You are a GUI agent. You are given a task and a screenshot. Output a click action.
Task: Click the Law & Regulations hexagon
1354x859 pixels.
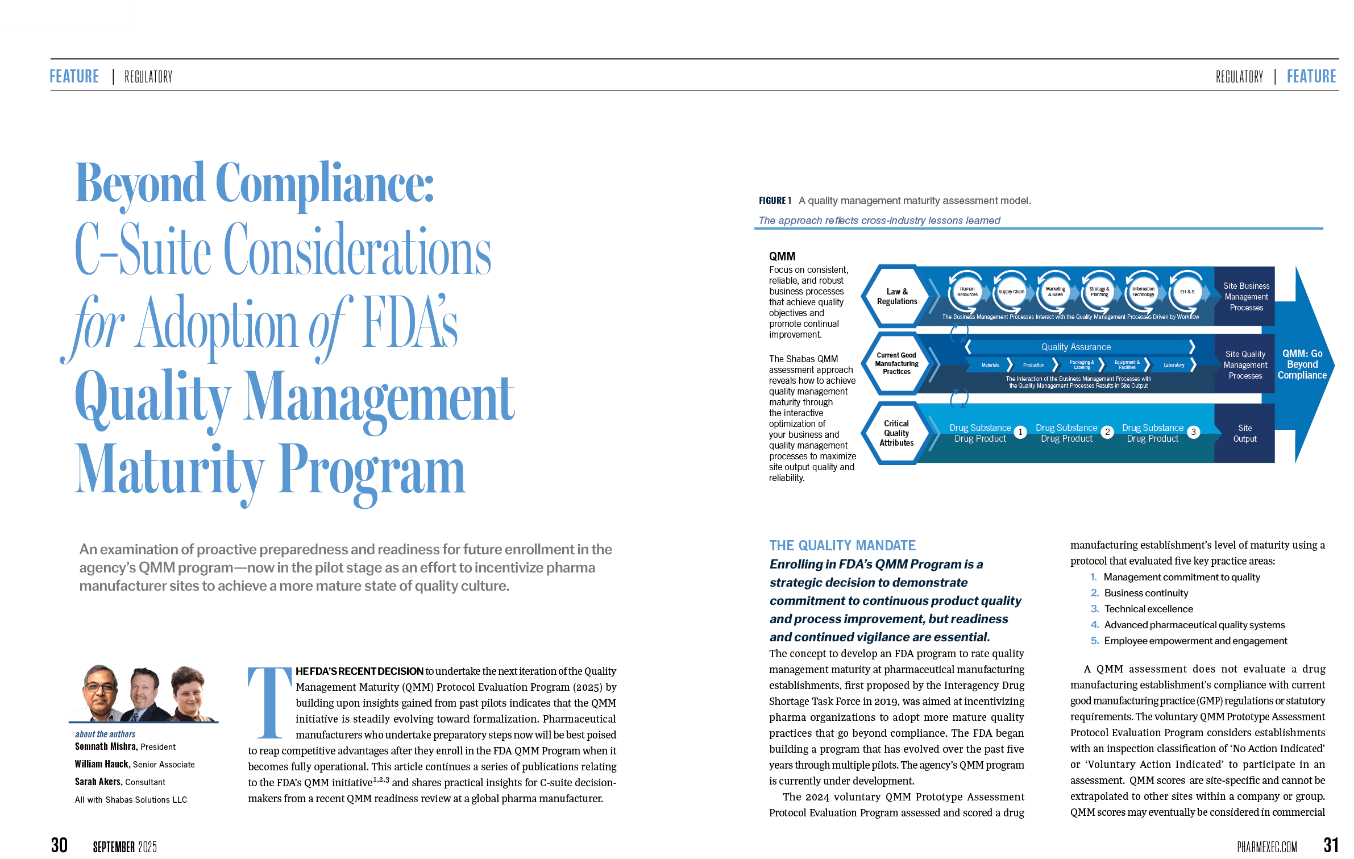click(896, 297)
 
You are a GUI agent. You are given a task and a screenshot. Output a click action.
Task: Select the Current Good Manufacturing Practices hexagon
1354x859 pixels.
click(896, 363)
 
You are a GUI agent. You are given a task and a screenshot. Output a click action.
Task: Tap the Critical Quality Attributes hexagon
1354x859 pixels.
click(896, 433)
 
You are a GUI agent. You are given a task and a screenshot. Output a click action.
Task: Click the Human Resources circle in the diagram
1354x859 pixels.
click(967, 292)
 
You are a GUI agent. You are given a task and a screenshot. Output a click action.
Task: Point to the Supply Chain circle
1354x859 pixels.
click(1011, 292)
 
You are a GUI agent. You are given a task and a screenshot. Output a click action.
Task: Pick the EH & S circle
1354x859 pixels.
click(1187, 292)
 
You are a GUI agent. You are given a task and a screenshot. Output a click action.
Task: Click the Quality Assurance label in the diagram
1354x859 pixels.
click(1075, 347)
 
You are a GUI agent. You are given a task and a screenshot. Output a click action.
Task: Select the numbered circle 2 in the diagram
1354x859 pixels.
click(1107, 432)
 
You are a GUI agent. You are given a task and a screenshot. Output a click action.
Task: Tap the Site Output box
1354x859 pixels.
click(1244, 433)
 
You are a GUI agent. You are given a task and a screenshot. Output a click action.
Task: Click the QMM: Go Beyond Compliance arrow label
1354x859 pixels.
click(1302, 364)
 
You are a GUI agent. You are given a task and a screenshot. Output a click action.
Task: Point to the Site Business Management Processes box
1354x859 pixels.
click(1245, 297)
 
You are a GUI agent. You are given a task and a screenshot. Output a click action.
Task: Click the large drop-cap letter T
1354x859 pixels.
click(269, 703)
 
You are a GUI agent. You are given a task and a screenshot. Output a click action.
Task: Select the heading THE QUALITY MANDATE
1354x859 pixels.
click(842, 546)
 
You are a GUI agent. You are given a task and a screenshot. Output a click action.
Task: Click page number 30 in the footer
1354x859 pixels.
click(59, 845)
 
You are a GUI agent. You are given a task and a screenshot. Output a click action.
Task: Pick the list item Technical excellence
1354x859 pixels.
click(1148, 609)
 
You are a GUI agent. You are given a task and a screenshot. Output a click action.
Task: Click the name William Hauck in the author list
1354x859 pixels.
click(102, 765)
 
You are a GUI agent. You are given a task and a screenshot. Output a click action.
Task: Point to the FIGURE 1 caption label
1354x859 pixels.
click(774, 201)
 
